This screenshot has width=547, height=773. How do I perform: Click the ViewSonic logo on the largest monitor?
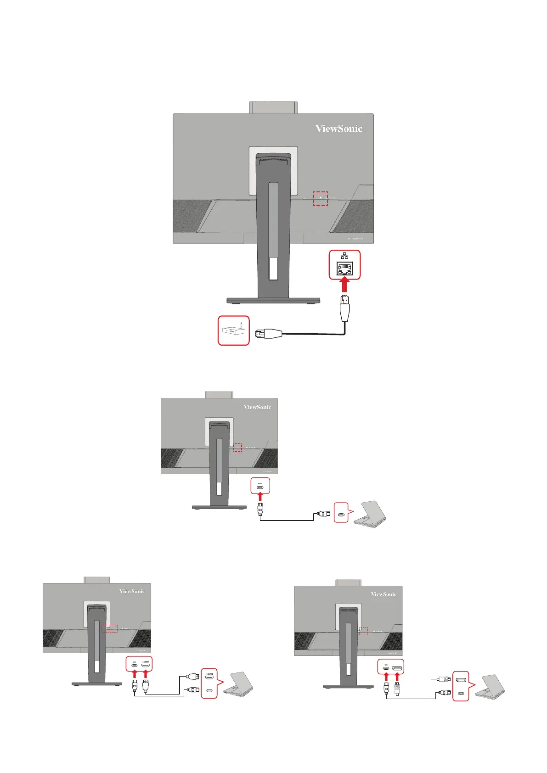tap(338, 129)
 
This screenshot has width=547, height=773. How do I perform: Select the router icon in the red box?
tap(233, 330)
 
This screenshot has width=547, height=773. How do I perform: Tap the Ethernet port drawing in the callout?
tap(344, 269)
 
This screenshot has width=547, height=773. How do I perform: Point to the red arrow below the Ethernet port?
tap(344, 285)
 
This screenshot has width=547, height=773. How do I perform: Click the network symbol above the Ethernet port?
tap(344, 256)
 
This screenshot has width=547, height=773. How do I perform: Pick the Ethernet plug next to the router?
tap(268, 334)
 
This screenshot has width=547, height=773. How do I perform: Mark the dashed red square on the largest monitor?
tap(320, 198)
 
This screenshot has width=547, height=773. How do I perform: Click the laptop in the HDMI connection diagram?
tap(239, 684)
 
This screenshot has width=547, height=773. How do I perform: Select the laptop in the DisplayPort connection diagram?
tap(490, 687)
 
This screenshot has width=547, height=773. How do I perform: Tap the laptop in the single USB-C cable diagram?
tap(371, 514)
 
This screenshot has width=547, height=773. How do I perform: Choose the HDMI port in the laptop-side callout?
tap(209, 677)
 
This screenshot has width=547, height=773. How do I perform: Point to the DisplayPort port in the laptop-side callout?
tap(461, 679)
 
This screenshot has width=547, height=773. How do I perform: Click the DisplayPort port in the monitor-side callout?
tap(397, 668)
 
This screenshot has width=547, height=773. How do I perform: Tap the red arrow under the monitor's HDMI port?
tap(146, 674)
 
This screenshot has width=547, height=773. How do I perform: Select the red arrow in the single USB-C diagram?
tap(260, 497)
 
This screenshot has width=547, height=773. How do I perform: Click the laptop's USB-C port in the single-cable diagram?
tap(340, 515)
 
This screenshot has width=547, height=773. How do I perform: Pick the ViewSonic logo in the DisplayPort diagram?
tap(383, 594)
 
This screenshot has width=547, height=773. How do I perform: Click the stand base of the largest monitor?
tap(273, 301)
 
